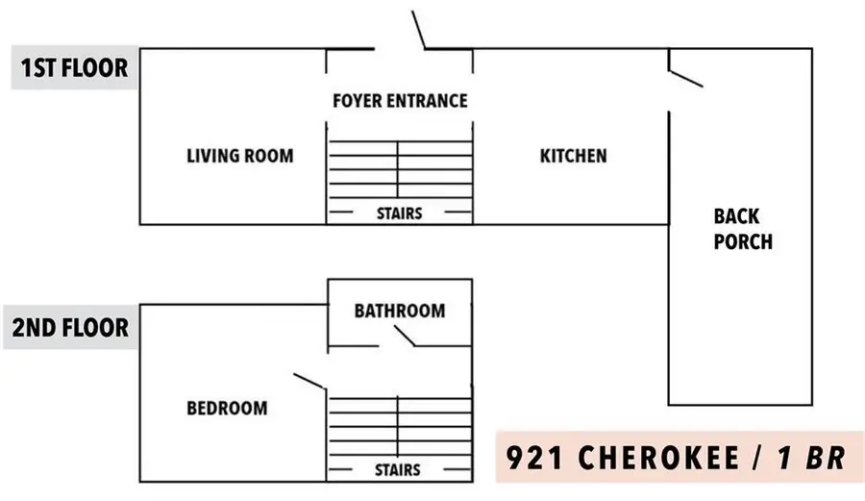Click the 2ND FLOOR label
70,328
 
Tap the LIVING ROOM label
239,156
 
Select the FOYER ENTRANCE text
400,101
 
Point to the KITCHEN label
573,156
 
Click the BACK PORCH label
742,229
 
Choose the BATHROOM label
400,311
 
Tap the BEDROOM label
227,409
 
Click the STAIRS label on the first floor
399,213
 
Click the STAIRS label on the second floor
398,470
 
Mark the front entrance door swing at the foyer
419,30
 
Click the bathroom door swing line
401,336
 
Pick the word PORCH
743,241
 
